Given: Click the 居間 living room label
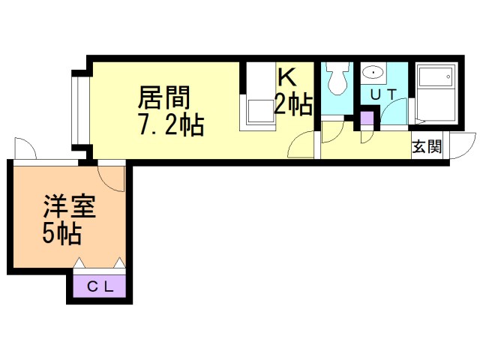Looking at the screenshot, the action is (x=164, y=97).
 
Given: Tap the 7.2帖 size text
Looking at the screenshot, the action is (x=172, y=124).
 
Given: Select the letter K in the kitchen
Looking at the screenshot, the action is (x=286, y=76).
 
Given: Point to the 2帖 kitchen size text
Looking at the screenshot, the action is (x=293, y=103).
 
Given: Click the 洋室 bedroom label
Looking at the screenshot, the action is (x=70, y=206).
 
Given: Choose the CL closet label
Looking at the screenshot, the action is (x=100, y=286).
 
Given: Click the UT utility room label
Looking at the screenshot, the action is (x=383, y=94).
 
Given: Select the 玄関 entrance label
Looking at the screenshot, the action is (x=427, y=147).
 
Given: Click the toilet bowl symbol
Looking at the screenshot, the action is (x=337, y=78).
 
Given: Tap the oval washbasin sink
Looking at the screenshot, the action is (x=373, y=73).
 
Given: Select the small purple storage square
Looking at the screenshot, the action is (x=367, y=118).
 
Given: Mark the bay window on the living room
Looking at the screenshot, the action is (x=80, y=110).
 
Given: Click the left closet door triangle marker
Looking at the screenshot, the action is (x=79, y=262).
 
